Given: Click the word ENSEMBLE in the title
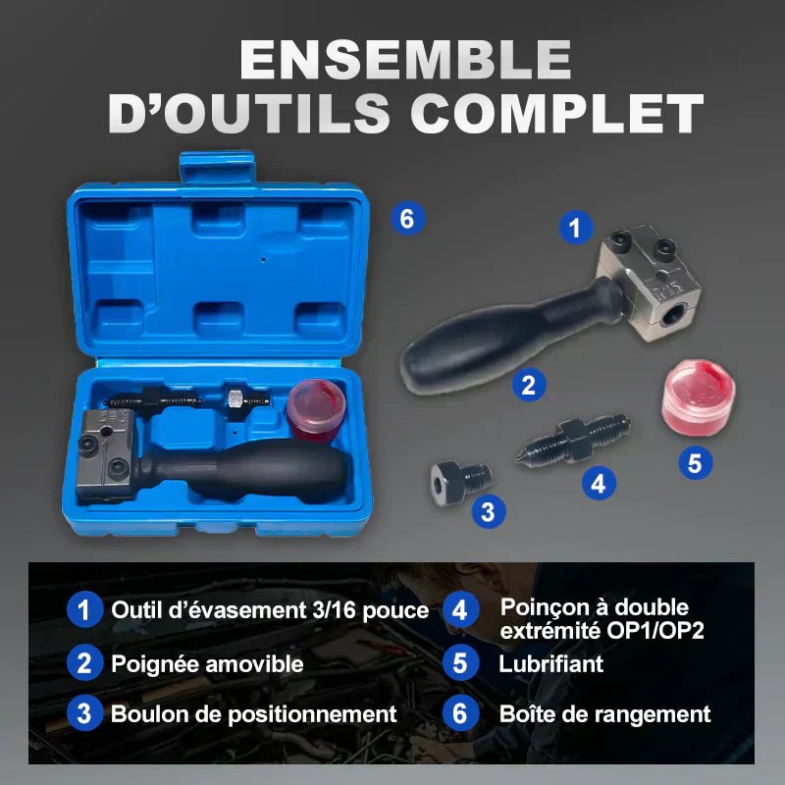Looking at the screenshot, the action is click(x=405, y=59).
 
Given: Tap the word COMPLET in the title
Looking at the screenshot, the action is click(x=557, y=114).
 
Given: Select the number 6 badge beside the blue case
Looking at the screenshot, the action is click(x=408, y=219).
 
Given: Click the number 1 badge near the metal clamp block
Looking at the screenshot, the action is click(x=576, y=227).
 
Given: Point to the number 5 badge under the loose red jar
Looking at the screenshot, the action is click(x=696, y=462).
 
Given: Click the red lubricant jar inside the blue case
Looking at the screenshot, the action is click(x=316, y=410).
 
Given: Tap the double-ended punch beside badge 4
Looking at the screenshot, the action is click(x=573, y=439).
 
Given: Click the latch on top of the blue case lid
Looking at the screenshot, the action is click(x=217, y=168).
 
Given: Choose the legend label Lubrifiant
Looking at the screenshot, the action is click(x=550, y=664).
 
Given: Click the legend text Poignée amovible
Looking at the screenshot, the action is click(x=207, y=664).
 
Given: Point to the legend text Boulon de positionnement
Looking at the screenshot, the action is click(x=254, y=713).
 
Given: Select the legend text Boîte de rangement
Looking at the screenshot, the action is click(x=604, y=713).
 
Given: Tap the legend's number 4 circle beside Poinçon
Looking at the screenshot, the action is click(x=460, y=609).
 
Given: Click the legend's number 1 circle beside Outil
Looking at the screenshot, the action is click(x=84, y=609).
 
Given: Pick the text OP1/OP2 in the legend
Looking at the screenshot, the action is click(x=655, y=631).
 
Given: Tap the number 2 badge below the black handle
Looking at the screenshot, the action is click(x=529, y=385).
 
